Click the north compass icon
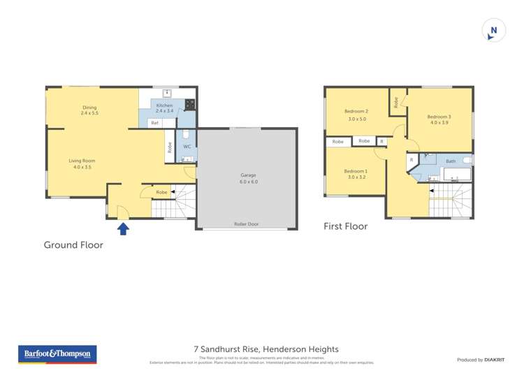click(494, 31)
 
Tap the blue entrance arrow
click(123, 228)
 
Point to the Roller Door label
click(246, 224)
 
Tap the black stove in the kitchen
click(189, 104)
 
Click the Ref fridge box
click(154, 123)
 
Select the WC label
click(187, 147)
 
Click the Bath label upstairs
click(451, 161)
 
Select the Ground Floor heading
click(73, 245)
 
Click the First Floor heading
click(345, 226)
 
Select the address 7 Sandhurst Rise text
click(265, 349)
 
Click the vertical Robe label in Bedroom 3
click(396, 102)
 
